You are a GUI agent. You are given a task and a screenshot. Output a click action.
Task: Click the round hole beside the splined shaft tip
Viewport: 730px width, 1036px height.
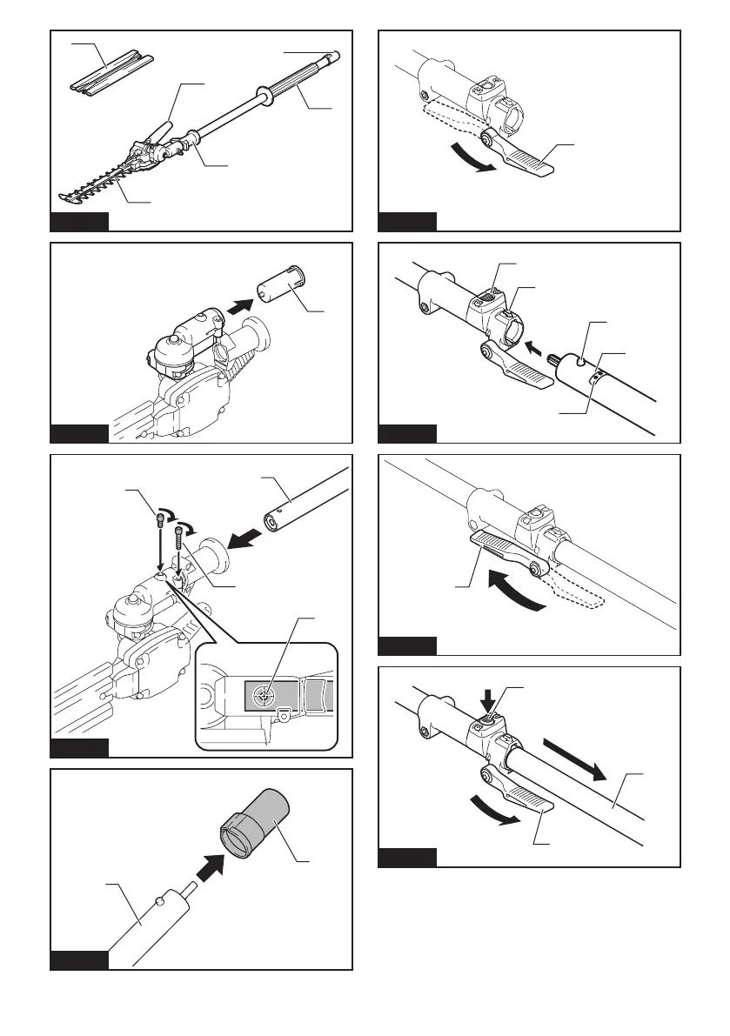[x=578, y=364]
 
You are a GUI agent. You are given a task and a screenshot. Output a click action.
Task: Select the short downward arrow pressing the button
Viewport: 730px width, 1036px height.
[x=486, y=698]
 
